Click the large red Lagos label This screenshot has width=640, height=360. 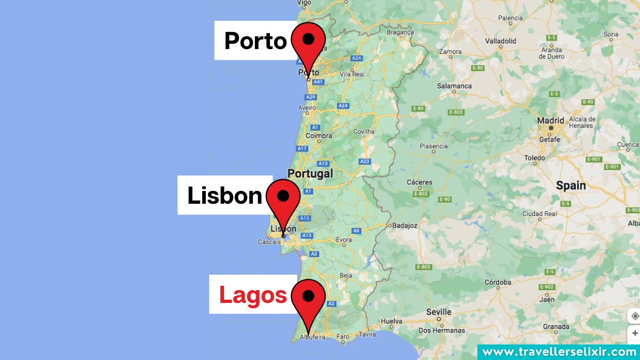(253, 295)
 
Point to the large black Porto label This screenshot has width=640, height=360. (255, 41)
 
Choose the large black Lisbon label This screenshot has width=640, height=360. (225, 196)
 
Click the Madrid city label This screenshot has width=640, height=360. (550, 120)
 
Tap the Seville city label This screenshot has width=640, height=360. (439, 312)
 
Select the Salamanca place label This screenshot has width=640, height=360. (454, 85)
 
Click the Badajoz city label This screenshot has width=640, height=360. (404, 225)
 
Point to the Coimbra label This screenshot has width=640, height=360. (319, 135)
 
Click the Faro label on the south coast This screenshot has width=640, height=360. (342, 337)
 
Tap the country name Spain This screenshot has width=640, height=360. (571, 186)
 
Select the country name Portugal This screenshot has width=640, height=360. (310, 173)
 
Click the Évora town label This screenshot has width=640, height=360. (344, 239)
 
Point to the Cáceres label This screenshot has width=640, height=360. (419, 182)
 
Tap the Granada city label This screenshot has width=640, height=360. (556, 326)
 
